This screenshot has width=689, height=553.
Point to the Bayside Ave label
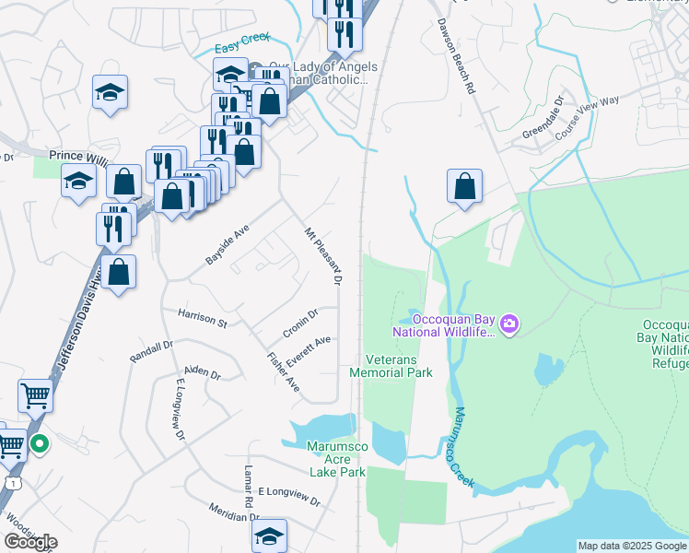tap(227, 247)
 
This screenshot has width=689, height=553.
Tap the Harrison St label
tap(202, 319)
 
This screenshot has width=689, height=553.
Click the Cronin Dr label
tap(299, 323)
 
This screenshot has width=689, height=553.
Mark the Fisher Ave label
tap(283, 371)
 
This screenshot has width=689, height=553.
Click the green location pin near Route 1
tap(40, 445)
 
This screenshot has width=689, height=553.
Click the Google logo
tap(30, 543)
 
